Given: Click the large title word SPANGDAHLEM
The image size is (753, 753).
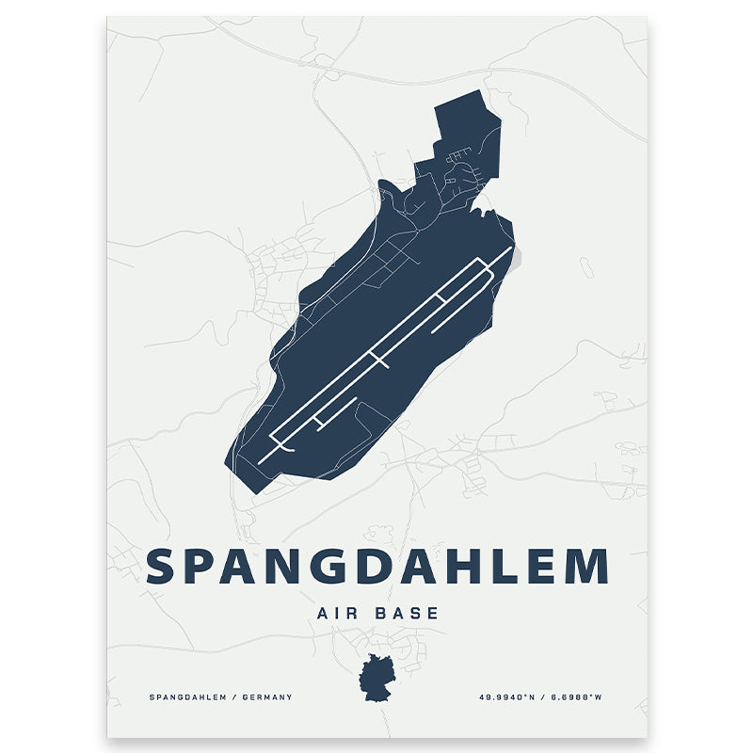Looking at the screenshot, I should pos(376,567).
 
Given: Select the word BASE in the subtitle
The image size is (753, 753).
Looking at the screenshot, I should pos(409,613).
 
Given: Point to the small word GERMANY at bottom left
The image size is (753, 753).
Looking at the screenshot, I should pos(267,697).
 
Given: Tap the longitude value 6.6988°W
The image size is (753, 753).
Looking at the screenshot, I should pos(576,697).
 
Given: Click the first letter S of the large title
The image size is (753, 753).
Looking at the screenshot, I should pos(162,567).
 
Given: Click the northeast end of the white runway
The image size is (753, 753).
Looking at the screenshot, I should pos(511,248).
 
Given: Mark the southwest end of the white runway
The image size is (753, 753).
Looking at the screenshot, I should pos(261,459).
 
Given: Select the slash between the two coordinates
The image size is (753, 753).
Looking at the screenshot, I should pos(542,697).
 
